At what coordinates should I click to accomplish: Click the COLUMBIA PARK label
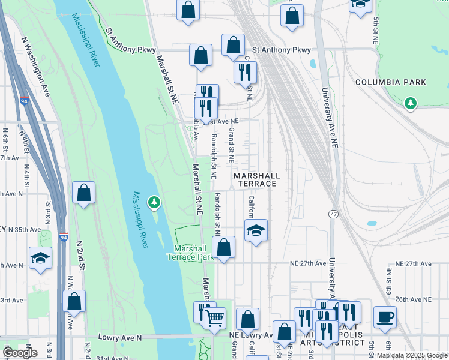(x=390, y=82)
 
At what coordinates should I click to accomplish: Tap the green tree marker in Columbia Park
(x=411, y=104)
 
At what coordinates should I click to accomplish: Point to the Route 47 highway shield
(x=333, y=214)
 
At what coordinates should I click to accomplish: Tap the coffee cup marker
(x=385, y=316)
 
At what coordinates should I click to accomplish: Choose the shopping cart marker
(x=214, y=318)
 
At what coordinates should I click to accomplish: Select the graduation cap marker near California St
(x=256, y=230)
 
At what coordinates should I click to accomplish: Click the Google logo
(x=20, y=353)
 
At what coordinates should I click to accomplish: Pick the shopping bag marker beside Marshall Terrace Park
(x=223, y=247)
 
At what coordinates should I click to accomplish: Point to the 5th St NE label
(x=376, y=30)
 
